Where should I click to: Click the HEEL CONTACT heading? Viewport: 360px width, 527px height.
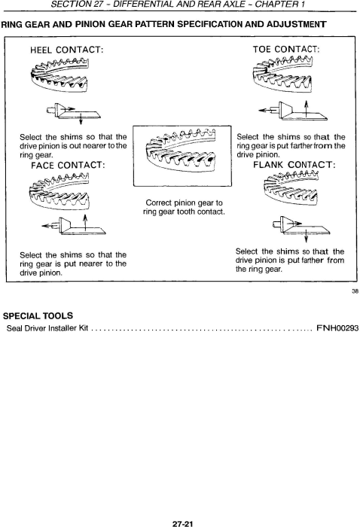[66, 50]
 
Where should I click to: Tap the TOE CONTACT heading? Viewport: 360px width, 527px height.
[286, 50]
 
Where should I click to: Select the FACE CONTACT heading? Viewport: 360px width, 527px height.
[68, 166]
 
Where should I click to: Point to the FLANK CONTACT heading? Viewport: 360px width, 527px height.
[294, 165]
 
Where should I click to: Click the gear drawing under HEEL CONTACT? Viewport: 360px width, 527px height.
[59, 75]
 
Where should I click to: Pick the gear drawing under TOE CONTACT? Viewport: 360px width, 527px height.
[282, 75]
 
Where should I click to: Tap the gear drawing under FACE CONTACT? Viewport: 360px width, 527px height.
[59, 190]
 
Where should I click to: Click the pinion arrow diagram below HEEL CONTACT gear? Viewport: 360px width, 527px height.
[73, 113]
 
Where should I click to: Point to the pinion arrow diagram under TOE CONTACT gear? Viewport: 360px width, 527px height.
[293, 111]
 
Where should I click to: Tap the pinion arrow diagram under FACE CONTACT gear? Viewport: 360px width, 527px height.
[74, 224]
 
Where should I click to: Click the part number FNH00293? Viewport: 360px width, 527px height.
[337, 328]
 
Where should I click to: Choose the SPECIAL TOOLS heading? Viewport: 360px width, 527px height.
[38, 316]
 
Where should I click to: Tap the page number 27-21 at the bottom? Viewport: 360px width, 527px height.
[182, 524]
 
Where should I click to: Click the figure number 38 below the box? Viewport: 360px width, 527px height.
[355, 291]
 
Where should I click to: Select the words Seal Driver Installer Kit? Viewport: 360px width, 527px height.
[47, 328]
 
